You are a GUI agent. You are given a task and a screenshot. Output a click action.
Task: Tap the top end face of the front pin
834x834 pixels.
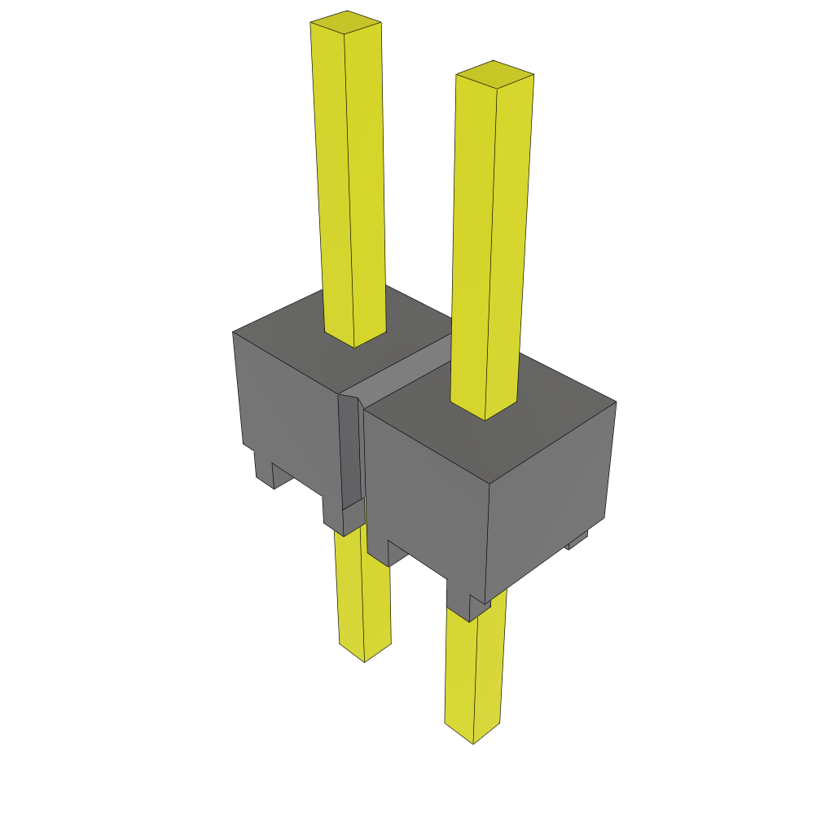(494, 74)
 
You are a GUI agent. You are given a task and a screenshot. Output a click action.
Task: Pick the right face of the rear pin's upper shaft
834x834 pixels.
(367, 179)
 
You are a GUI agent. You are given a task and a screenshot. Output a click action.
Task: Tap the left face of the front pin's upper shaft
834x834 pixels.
(472, 244)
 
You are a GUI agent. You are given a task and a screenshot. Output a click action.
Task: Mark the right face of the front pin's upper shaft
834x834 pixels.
(509, 244)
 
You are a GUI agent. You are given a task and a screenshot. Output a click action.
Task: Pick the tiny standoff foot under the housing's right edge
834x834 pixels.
(577, 539)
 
